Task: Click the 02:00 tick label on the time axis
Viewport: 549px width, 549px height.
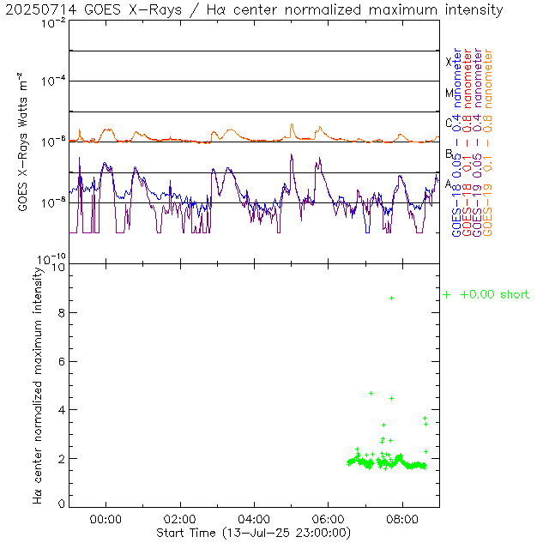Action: point(180,519)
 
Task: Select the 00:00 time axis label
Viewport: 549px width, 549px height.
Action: point(106,519)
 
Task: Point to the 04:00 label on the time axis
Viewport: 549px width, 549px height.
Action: point(255,519)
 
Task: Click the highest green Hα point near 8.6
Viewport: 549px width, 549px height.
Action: point(391,298)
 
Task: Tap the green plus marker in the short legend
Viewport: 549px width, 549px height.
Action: point(446,294)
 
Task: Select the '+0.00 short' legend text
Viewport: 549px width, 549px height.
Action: point(494,294)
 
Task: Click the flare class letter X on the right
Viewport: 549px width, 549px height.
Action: point(448,62)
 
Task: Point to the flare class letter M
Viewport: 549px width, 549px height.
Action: point(448,93)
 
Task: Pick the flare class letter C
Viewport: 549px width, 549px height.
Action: point(448,123)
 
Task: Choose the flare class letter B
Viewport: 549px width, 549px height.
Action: point(448,154)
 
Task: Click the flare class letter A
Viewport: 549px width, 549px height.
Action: point(448,184)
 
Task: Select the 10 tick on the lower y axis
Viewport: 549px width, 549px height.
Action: point(58,267)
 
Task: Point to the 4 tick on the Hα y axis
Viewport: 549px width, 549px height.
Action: point(62,410)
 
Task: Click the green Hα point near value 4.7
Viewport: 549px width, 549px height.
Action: point(371,393)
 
